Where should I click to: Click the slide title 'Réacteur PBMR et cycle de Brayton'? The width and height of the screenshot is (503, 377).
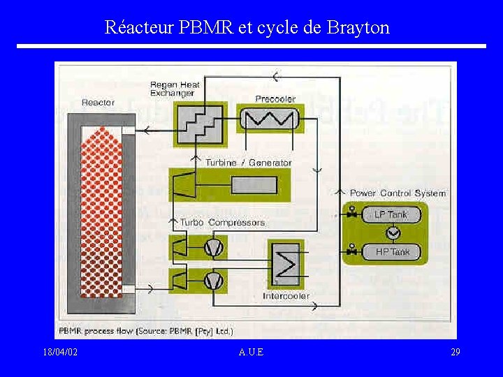[247, 27]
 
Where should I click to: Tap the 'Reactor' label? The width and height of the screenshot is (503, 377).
[98, 103]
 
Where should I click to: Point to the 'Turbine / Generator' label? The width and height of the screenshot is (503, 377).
[248, 163]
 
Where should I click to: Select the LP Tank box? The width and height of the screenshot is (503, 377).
[391, 214]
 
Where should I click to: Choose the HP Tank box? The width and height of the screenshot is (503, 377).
[392, 251]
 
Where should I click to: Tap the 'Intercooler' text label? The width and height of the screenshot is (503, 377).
[286, 296]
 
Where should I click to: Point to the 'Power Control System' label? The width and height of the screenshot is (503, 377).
[398, 193]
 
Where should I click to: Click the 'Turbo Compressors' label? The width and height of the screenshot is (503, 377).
[223, 223]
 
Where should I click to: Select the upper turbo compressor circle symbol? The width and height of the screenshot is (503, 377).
[213, 246]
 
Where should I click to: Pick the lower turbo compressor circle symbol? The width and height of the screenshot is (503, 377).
[213, 279]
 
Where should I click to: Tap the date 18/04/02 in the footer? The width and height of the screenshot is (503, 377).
[59, 352]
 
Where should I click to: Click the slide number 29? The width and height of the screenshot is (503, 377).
[455, 352]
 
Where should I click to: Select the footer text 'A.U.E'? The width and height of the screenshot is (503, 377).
[251, 352]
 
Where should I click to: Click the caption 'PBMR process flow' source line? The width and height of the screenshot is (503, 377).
[146, 330]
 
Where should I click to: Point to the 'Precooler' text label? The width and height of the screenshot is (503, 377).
[275, 98]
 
